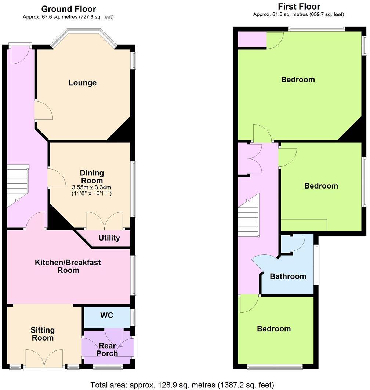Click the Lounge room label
(x=83, y=83)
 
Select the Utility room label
(x=109, y=238)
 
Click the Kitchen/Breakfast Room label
(x=68, y=266)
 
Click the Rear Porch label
(x=108, y=349)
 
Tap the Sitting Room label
(x=43, y=334)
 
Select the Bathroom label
(x=288, y=276)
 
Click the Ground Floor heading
(x=69, y=9)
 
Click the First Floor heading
(x=299, y=7)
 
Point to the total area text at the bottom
(x=182, y=385)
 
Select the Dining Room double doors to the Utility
(x=105, y=221)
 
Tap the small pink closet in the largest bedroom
(x=252, y=40)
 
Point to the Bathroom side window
(x=317, y=264)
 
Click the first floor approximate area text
(x=298, y=15)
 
